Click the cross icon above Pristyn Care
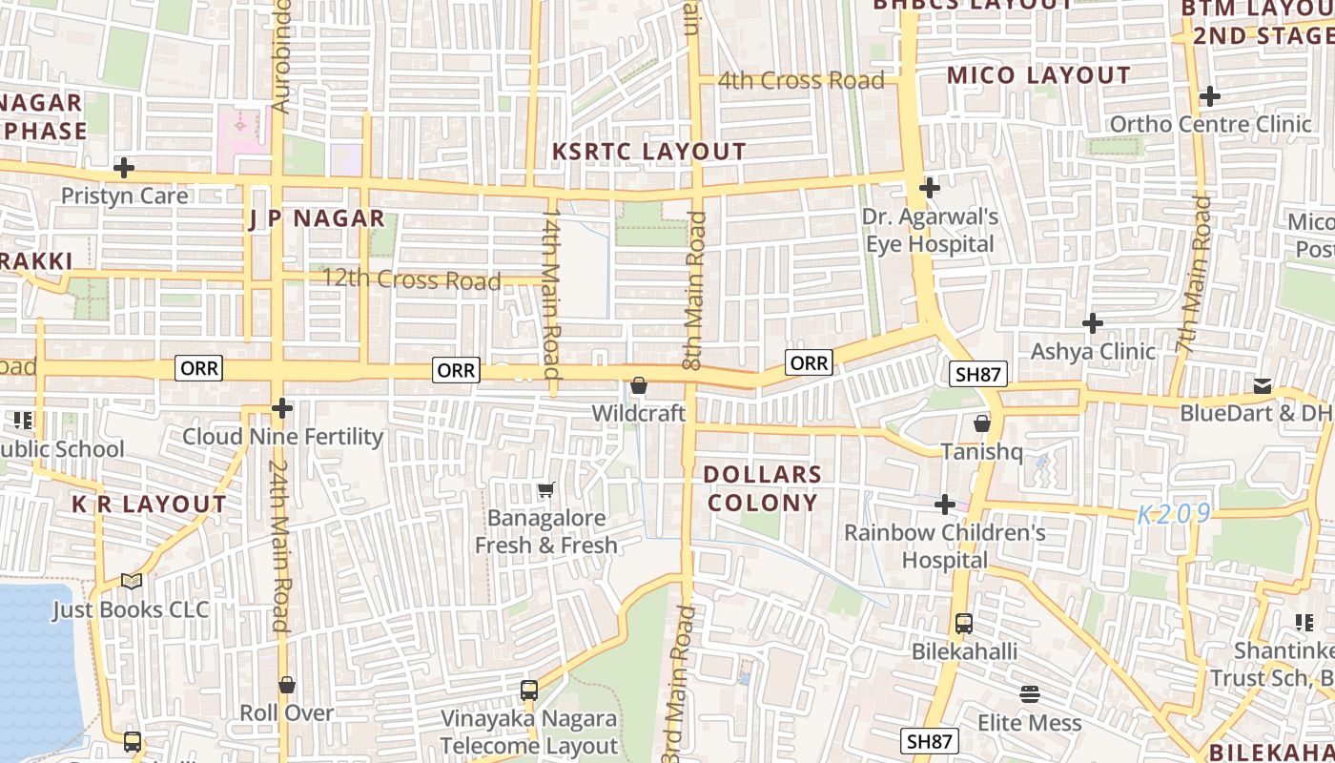(x=123, y=169)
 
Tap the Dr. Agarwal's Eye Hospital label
(x=930, y=230)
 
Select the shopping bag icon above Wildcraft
(x=639, y=386)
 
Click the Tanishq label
(x=981, y=451)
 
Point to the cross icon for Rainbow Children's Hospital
(x=945, y=504)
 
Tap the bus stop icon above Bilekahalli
(x=964, y=624)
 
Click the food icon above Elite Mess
(x=1030, y=694)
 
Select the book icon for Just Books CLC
(x=131, y=581)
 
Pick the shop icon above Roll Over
(x=286, y=685)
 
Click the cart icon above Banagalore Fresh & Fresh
(x=545, y=490)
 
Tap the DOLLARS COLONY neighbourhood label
(x=762, y=488)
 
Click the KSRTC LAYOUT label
(x=649, y=152)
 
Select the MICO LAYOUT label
(x=1037, y=75)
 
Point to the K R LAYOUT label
(x=150, y=504)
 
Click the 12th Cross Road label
(x=411, y=279)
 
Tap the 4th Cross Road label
(x=801, y=80)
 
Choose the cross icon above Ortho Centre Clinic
(x=1209, y=96)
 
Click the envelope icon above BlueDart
(x=1263, y=385)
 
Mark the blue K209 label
(x=1173, y=514)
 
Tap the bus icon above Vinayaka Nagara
(x=529, y=690)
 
